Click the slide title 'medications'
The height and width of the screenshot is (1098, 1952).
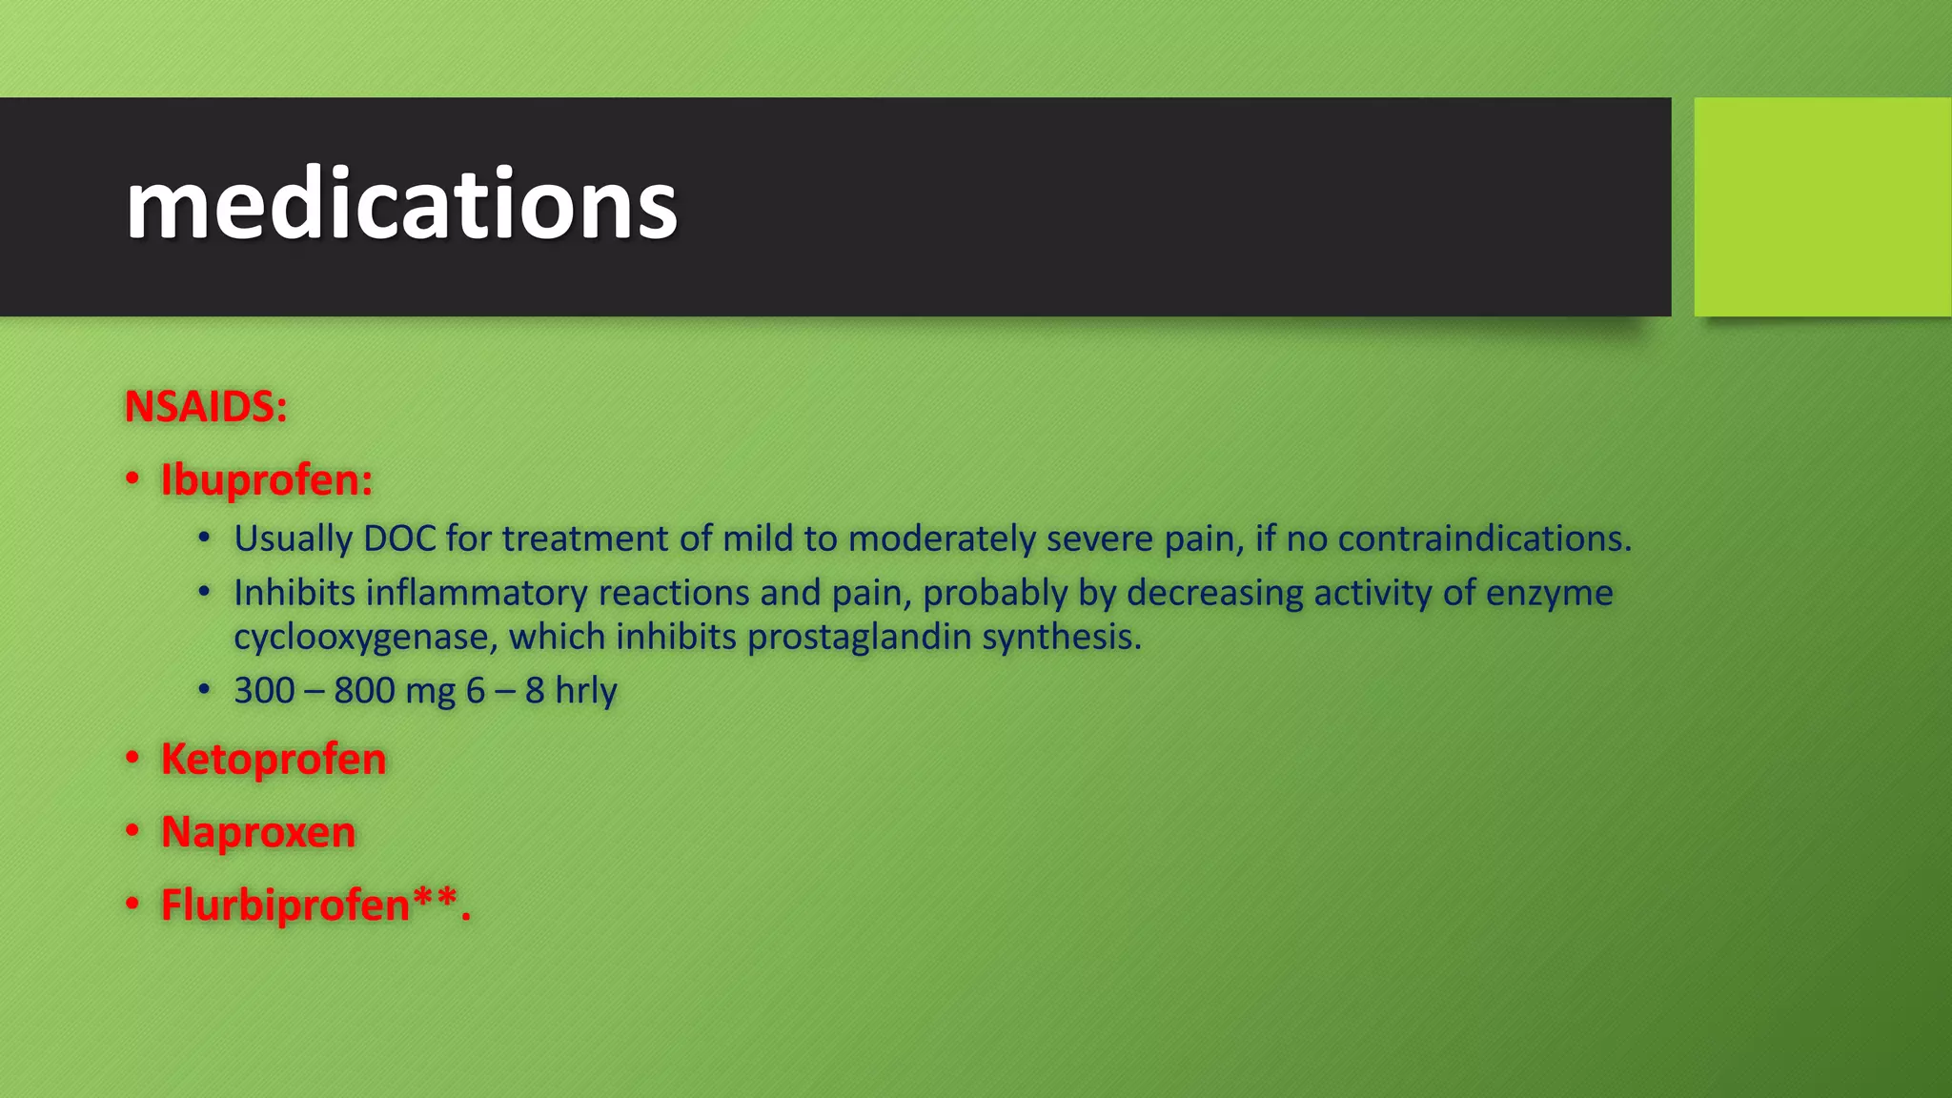(x=400, y=205)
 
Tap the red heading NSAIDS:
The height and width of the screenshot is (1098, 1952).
(x=205, y=407)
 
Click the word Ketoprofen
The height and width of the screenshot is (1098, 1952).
(x=274, y=759)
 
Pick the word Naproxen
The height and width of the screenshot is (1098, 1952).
(x=258, y=831)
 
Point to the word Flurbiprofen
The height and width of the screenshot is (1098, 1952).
(x=285, y=905)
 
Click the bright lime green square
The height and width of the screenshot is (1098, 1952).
(x=1822, y=206)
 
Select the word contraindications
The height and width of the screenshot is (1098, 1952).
(x=1484, y=539)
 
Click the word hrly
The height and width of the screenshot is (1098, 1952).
(x=585, y=690)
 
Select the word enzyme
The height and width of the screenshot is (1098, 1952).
(x=1549, y=593)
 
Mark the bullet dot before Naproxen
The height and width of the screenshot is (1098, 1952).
(x=133, y=832)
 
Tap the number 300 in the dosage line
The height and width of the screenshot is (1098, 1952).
(x=264, y=690)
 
